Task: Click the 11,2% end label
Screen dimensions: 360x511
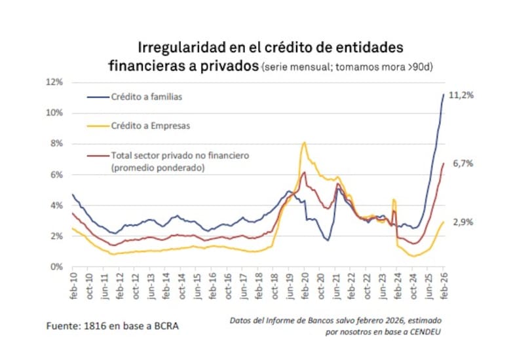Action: coord(461,95)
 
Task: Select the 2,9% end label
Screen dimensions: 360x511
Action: coord(462,223)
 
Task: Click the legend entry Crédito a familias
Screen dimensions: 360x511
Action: coord(145,97)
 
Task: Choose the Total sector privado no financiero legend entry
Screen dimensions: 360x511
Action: coord(180,156)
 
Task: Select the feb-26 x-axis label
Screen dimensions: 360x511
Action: coord(444,285)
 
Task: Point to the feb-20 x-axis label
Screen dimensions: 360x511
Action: coord(305,285)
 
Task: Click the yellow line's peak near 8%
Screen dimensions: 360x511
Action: coord(304,142)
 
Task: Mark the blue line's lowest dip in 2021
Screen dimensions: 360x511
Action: coord(327,240)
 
